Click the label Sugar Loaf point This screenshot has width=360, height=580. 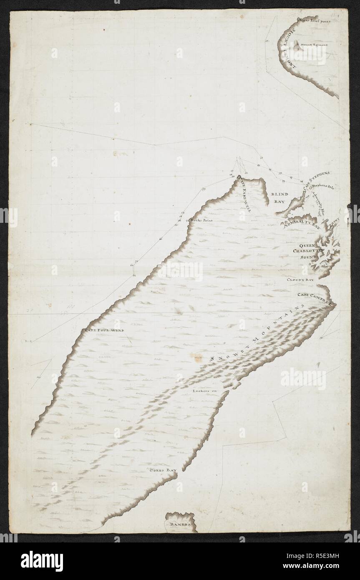[314, 20]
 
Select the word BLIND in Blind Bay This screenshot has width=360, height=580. [277, 194]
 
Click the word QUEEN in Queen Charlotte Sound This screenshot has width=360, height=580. [307, 245]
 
